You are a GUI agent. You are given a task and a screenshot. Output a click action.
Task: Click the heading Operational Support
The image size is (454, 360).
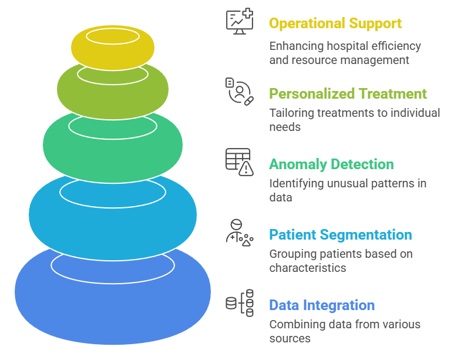pos(335,23)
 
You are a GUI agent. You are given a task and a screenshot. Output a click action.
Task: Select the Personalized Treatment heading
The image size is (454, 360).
pos(348,94)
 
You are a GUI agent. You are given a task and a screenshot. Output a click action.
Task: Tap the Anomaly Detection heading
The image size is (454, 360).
pos(331,164)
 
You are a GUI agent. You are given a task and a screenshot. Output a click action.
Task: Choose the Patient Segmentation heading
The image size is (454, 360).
pos(341,235)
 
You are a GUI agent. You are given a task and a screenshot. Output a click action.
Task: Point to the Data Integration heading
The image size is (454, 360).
pos(322,305)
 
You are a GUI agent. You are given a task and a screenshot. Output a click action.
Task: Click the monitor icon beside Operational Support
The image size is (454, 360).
pos(240,22)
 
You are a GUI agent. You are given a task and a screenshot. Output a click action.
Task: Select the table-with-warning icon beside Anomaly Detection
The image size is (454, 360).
pos(240,162)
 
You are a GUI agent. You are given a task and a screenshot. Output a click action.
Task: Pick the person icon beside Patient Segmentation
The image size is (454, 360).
pos(240,232)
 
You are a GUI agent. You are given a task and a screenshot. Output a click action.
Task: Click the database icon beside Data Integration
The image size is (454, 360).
pos(240,303)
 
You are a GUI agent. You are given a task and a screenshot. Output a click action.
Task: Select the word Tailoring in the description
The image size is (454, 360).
pos(291,113)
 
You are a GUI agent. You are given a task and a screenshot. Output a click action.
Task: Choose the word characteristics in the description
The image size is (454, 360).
pos(307,268)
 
